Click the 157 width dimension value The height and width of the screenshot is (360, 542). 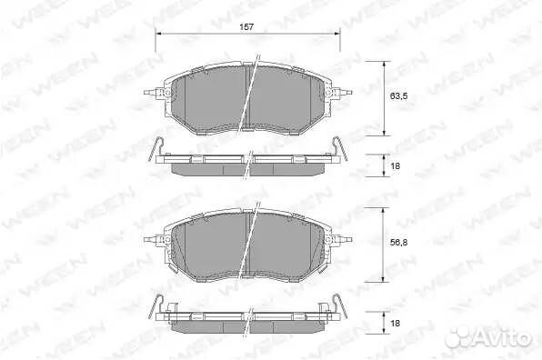point(246,27)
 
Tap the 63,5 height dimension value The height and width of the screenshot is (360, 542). point(398,96)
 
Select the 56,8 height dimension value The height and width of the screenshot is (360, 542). point(398,243)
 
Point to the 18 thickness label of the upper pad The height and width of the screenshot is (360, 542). point(395,166)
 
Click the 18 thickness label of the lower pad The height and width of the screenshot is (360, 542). point(395,323)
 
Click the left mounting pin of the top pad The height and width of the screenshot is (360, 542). point(151,93)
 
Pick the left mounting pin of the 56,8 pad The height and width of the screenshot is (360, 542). point(151,239)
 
